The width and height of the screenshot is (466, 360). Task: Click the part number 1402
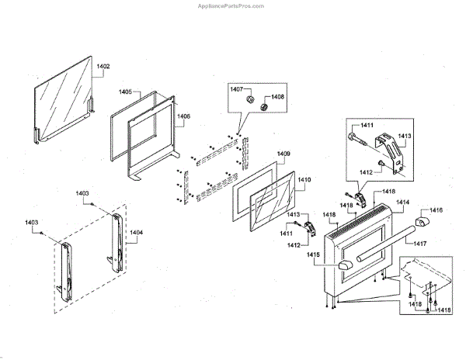click(103, 67)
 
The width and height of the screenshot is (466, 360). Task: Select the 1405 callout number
click(125, 92)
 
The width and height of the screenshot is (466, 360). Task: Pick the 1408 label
click(277, 97)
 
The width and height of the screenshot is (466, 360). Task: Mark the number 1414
click(403, 202)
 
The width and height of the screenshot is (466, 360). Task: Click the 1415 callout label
click(313, 254)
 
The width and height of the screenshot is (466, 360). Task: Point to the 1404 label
click(136, 232)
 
